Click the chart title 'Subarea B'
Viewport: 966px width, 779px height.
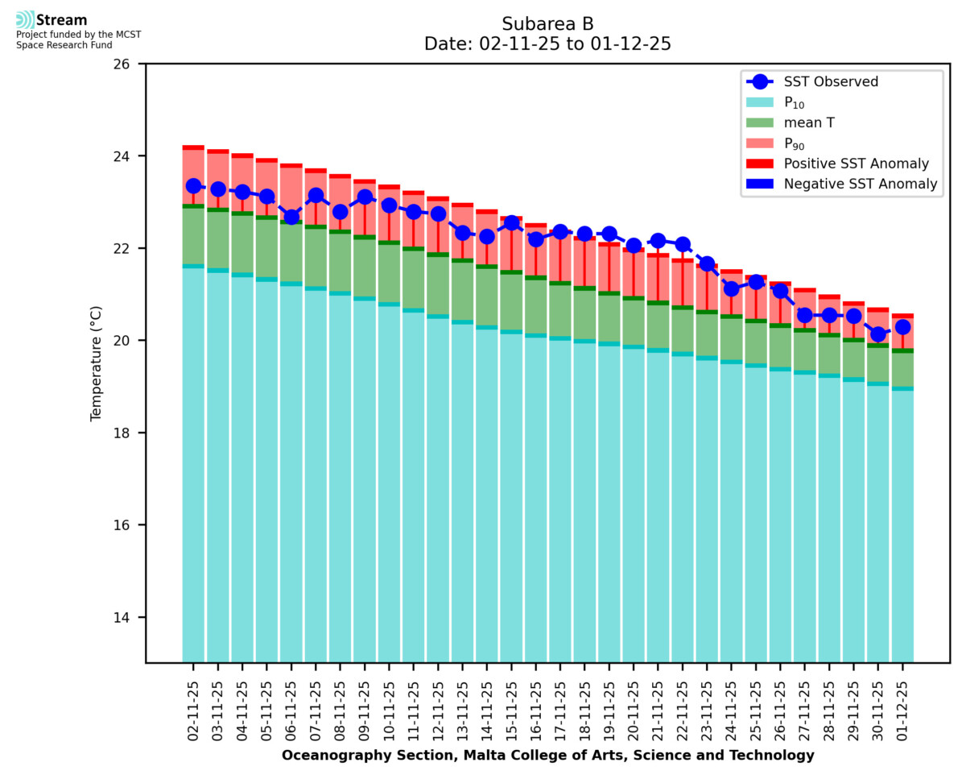pyautogui.click(x=547, y=23)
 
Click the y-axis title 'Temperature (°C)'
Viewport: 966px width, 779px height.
pyautogui.click(x=97, y=363)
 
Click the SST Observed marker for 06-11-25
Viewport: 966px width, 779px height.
pyautogui.click(x=291, y=217)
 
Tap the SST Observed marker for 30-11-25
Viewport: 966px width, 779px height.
pyautogui.click(x=877, y=335)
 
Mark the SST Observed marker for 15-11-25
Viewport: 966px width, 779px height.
pyautogui.click(x=511, y=223)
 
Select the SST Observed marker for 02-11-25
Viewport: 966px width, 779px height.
pyautogui.click(x=193, y=186)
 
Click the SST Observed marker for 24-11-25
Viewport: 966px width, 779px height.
pyautogui.click(x=731, y=288)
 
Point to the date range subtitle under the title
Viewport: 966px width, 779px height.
pyautogui.click(x=547, y=44)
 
